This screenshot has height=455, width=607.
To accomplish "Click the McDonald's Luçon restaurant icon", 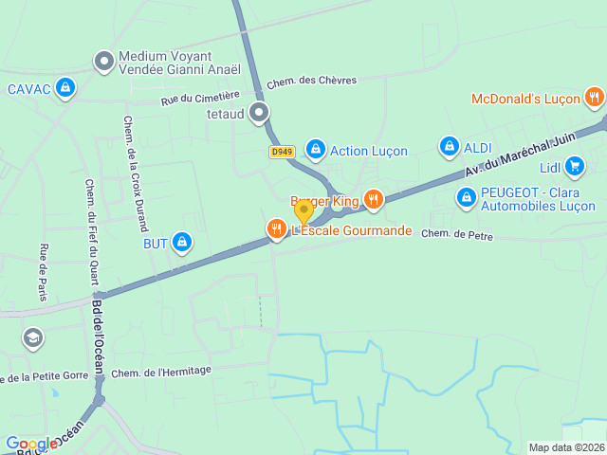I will pyautogui.click(x=594, y=97).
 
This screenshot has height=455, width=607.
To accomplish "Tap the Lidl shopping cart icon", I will pyautogui.click(x=574, y=167).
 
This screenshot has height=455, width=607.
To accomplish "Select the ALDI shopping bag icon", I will pyautogui.click(x=449, y=147).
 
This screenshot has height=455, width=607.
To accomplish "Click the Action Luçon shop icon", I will pyautogui.click(x=315, y=150).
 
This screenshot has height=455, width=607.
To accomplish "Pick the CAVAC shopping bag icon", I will pyautogui.click(x=64, y=89).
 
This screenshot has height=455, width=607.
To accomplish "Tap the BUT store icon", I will pyautogui.click(x=182, y=243).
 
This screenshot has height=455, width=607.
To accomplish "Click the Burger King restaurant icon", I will pyautogui.click(x=373, y=200).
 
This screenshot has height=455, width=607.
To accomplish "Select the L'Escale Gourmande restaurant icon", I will pyautogui.click(x=276, y=229).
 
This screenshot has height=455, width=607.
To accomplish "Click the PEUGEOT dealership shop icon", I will pyautogui.click(x=466, y=198).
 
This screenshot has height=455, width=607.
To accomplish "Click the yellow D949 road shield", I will pyautogui.click(x=282, y=152).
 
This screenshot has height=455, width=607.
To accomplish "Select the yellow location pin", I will pyautogui.click(x=303, y=210).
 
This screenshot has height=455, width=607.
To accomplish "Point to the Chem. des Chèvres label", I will pyautogui.click(x=311, y=82).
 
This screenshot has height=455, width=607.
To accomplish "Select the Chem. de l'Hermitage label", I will pyautogui.click(x=161, y=371).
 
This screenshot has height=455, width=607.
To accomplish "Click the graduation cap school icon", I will pyautogui.click(x=33, y=337).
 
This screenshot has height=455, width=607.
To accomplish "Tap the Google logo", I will pyautogui.click(x=30, y=444).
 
